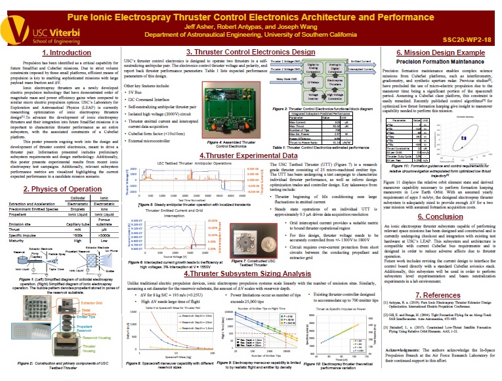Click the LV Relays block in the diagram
tap(294, 83)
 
